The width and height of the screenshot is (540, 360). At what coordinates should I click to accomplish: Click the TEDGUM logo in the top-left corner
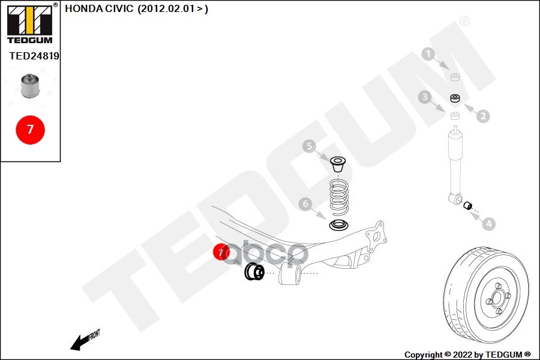coord(29,24)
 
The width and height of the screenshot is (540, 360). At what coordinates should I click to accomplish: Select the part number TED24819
coord(34,56)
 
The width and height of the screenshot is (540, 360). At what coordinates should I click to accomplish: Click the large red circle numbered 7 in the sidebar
coord(30,129)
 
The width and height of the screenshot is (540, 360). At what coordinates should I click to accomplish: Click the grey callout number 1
coord(428,55)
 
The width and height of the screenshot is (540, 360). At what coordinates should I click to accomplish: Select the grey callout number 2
coord(484,116)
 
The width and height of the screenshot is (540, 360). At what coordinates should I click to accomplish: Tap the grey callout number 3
coord(424,97)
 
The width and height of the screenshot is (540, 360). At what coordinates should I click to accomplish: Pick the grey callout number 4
coord(489,224)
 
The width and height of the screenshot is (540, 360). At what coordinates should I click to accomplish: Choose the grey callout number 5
coord(308,146)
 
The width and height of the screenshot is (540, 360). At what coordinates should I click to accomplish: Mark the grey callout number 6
coord(305,205)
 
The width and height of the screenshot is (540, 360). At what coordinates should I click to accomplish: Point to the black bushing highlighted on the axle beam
coord(255,272)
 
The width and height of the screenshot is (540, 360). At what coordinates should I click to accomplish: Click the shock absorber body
coord(455,159)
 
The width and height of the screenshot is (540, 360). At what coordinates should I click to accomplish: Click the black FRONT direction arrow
coord(79,343)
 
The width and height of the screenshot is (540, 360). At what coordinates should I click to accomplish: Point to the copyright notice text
coord(467,355)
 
